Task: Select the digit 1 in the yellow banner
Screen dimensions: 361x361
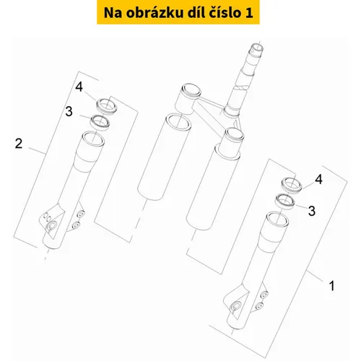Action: (249, 13)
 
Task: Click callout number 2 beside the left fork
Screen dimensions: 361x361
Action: (19, 144)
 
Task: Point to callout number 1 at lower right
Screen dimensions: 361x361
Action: (331, 286)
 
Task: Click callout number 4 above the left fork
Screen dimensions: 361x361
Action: (79, 87)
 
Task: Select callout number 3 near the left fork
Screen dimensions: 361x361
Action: (69, 111)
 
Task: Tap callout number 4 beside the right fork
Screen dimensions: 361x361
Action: (318, 179)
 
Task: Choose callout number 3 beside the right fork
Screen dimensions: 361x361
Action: (312, 211)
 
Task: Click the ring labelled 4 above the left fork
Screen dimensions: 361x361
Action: (107, 107)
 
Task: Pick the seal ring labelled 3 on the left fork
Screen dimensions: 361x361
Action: (100, 123)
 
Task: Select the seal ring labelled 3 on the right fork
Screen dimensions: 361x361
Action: (285, 201)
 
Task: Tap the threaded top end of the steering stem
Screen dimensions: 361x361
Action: (257, 50)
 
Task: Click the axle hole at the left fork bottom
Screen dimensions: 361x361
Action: (51, 226)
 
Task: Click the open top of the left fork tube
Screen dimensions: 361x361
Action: (93, 139)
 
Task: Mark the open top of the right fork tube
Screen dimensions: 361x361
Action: (277, 219)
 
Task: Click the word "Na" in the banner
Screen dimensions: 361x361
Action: (113, 13)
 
